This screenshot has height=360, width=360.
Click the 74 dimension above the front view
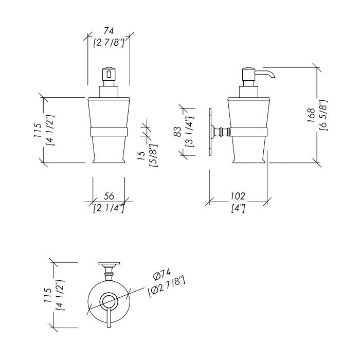tap(109, 32)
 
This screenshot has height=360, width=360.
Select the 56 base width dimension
tap(109, 196)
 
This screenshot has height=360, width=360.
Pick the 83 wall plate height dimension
tap(177, 131)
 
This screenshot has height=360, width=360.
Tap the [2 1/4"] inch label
tap(109, 208)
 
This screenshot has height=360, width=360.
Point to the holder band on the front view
tap(109, 131)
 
